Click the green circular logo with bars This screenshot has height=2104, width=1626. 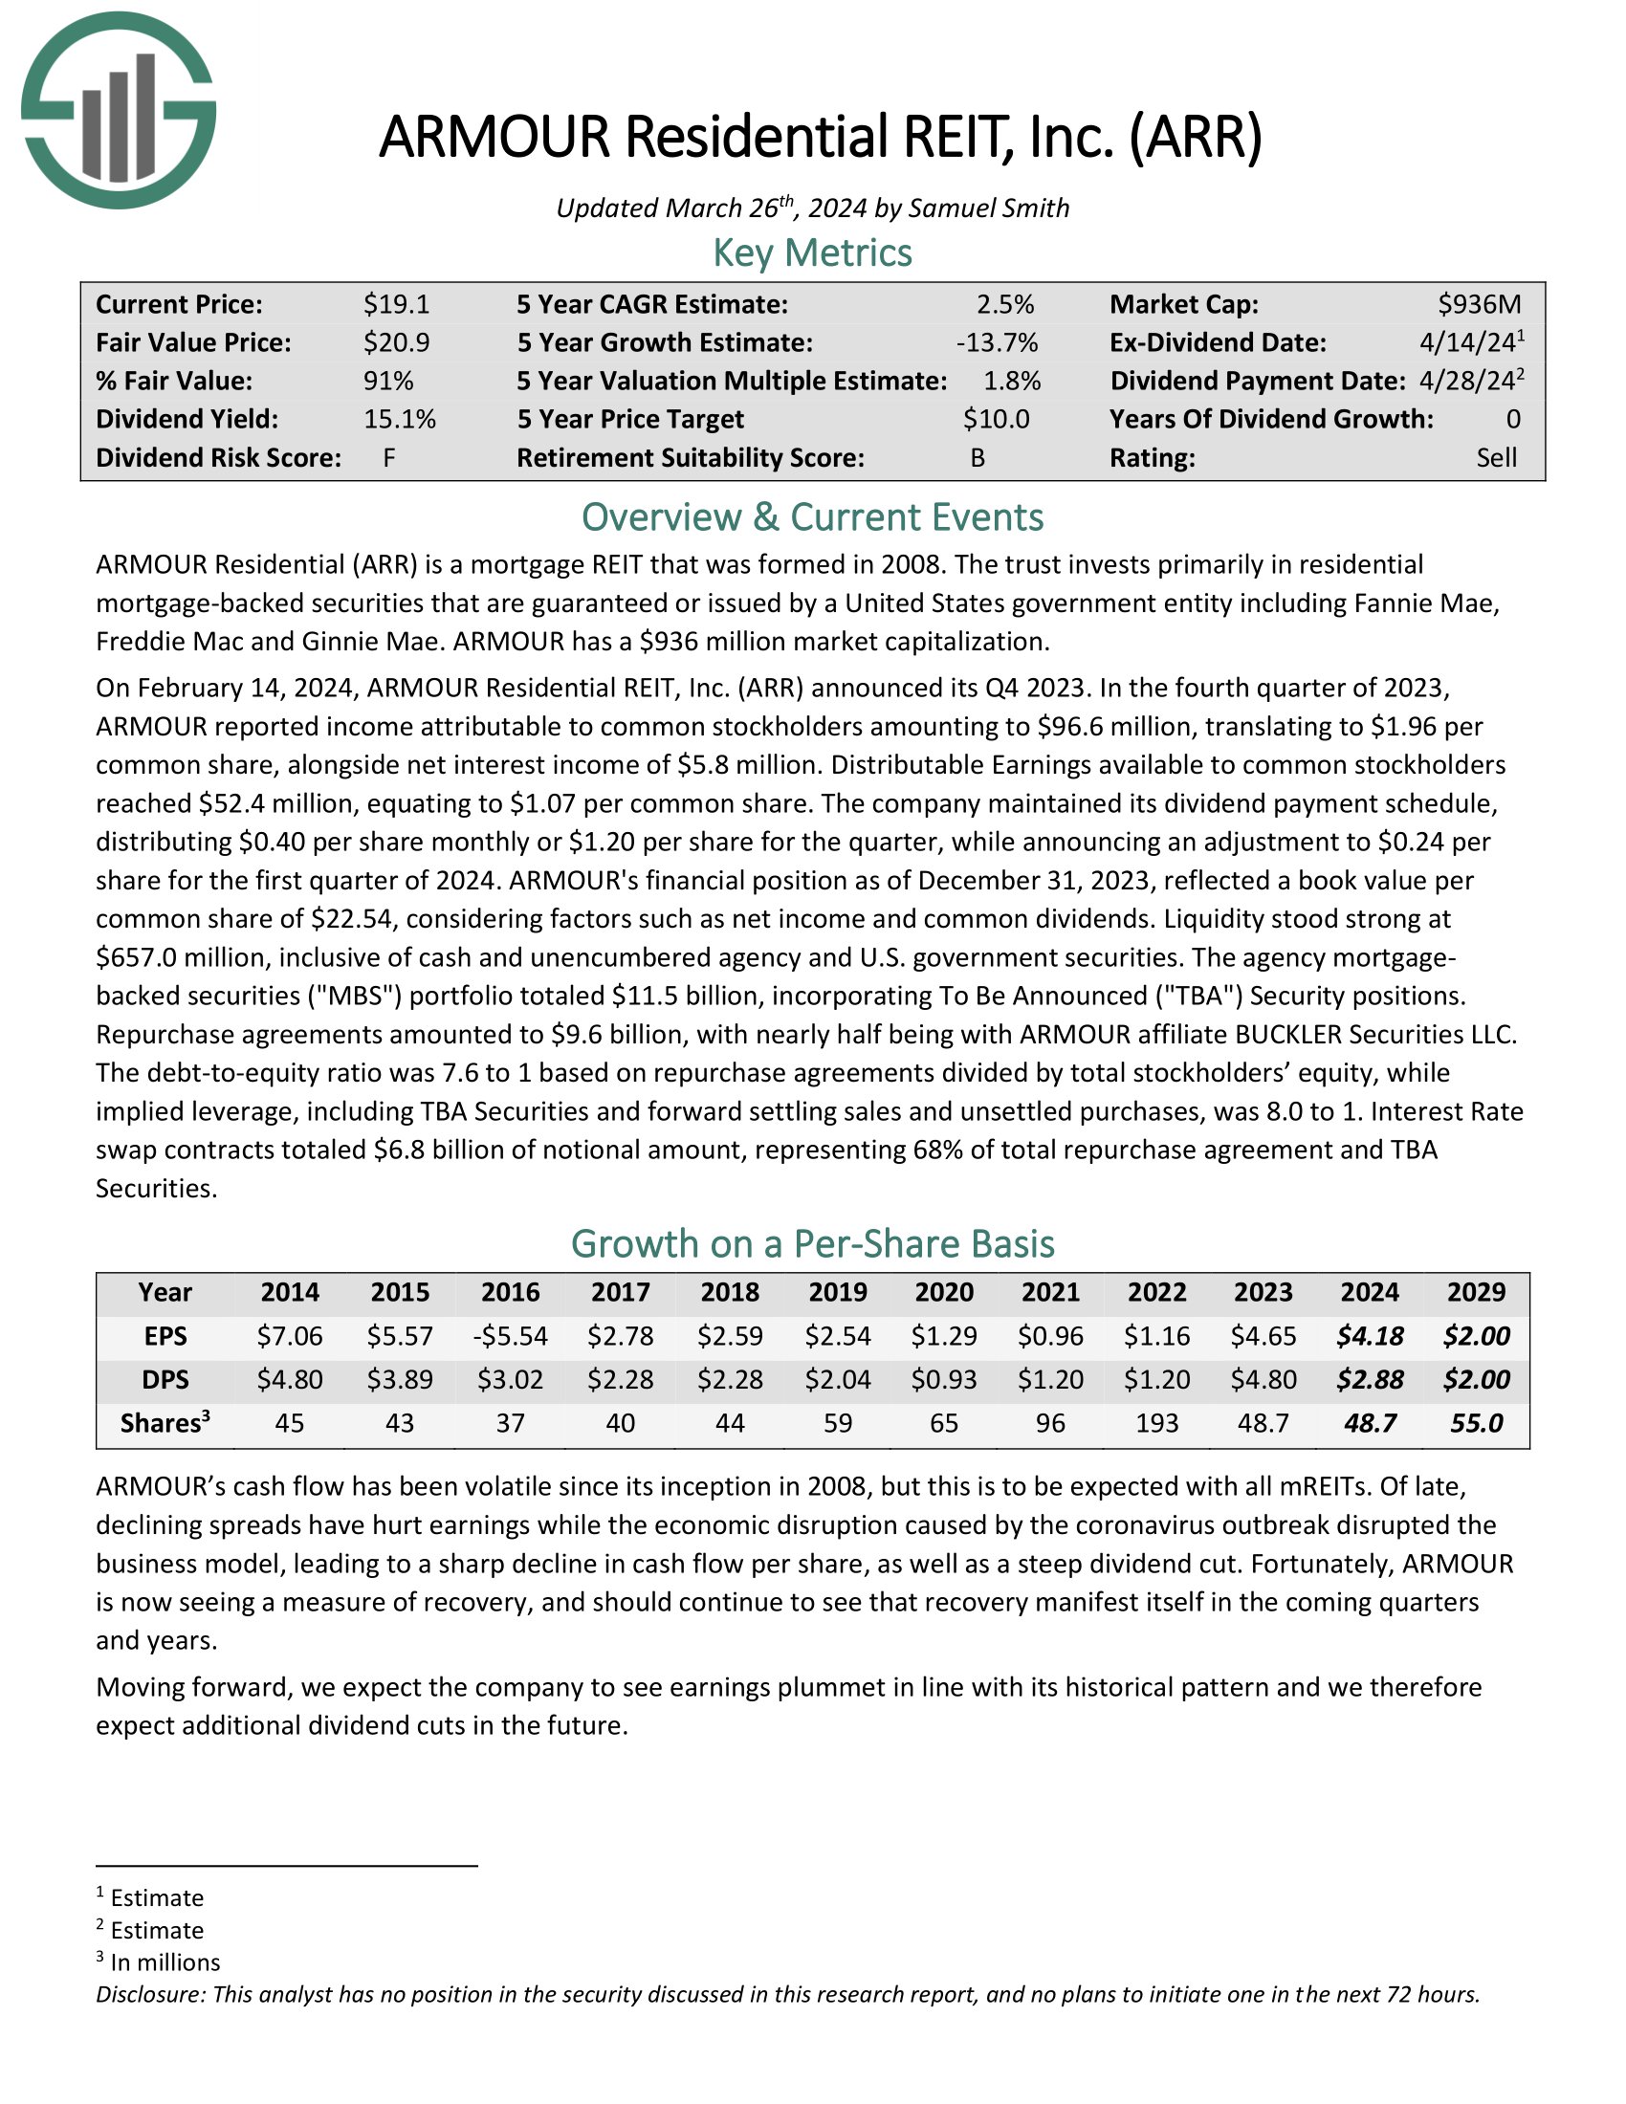pyautogui.click(x=118, y=110)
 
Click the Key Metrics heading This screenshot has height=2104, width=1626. pyautogui.click(x=812, y=253)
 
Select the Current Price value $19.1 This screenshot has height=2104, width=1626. pyautogui.click(x=396, y=304)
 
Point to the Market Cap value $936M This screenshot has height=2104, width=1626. pyautogui.click(x=1479, y=304)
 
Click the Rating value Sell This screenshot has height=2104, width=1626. pyautogui.click(x=1496, y=457)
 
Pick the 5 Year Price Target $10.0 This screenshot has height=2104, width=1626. pyautogui.click(x=996, y=419)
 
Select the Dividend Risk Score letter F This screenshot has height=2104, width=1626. pyautogui.click(x=389, y=457)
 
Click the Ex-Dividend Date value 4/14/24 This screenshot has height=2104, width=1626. pyautogui.click(x=1463, y=343)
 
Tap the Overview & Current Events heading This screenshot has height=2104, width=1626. pyautogui.click(x=812, y=517)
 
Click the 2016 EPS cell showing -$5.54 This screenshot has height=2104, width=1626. pyautogui.click(x=510, y=1336)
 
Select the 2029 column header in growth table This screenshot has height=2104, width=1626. pyautogui.click(x=1476, y=1292)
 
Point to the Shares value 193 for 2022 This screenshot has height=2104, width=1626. pyautogui.click(x=1156, y=1423)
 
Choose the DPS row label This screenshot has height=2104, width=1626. pyautogui.click(x=165, y=1379)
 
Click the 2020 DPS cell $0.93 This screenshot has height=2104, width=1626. pyautogui.click(x=943, y=1379)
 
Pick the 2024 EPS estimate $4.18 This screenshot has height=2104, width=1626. pyautogui.click(x=1369, y=1336)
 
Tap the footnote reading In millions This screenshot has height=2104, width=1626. pyautogui.click(x=165, y=1962)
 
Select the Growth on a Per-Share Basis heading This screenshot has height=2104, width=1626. pyautogui.click(x=812, y=1243)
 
